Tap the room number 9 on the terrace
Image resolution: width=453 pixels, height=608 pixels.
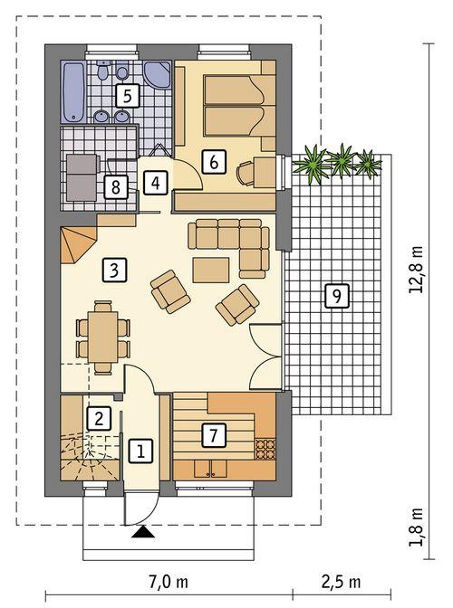335,295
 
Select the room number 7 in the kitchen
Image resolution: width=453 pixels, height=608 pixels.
212,435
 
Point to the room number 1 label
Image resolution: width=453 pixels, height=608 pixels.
140,449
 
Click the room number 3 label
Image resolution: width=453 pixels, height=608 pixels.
112,269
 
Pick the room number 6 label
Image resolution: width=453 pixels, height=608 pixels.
213,162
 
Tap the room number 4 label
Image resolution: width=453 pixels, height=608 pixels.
157,182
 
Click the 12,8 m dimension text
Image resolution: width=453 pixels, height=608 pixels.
416,269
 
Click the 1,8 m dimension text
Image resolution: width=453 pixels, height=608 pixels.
416,526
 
